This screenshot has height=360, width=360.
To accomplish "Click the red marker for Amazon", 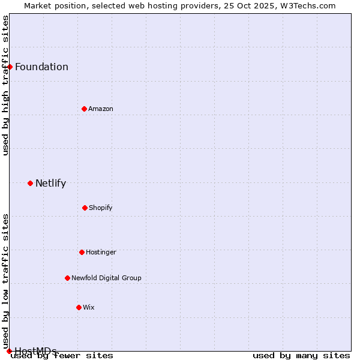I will [x=84, y=109].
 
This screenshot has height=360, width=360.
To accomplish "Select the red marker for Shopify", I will [x=85, y=208].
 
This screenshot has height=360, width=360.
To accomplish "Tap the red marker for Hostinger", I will [x=82, y=252].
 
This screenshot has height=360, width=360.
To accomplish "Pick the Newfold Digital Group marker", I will [x=67, y=278].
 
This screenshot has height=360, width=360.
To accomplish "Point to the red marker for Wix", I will [x=79, y=307].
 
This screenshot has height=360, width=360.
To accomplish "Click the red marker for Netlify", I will [x=30, y=183].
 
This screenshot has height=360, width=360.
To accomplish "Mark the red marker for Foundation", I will [x=10, y=67].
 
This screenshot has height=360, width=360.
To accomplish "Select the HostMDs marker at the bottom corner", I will [x=9, y=351].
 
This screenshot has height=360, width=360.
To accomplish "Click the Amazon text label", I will [x=101, y=109].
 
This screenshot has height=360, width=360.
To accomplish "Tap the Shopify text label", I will [x=101, y=208].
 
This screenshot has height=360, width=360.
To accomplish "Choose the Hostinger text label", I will [x=101, y=252].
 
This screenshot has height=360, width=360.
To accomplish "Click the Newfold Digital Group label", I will [x=106, y=278].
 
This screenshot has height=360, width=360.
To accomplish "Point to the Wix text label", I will [x=89, y=307].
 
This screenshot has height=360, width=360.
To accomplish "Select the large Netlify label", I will [x=50, y=183].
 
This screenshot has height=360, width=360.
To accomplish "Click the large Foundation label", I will [x=41, y=67].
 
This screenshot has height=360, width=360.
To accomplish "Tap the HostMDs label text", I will [x=35, y=351].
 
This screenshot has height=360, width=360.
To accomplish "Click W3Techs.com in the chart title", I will [x=311, y=5].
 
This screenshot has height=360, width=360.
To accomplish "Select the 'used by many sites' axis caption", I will [x=301, y=356].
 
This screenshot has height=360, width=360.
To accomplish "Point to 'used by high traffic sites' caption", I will [x=5, y=85].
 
